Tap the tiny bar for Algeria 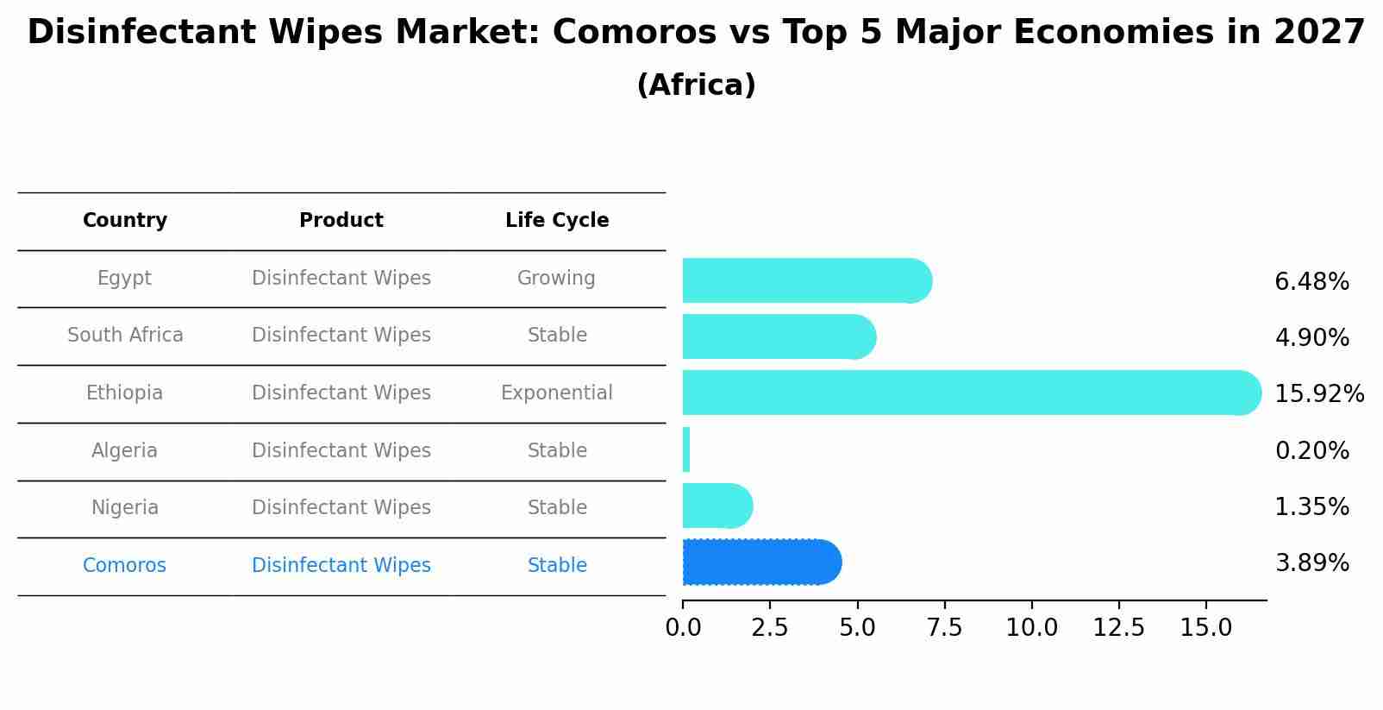pyautogui.click(x=686, y=449)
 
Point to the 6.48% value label pyautogui.click(x=1311, y=282)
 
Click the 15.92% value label pyautogui.click(x=1318, y=394)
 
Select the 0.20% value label pyautogui.click(x=1311, y=451)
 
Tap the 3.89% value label pyautogui.click(x=1311, y=563)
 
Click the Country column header pyautogui.click(x=125, y=221)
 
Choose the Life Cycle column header pyautogui.click(x=557, y=221)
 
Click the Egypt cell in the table pyautogui.click(x=124, y=279)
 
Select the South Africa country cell pyautogui.click(x=125, y=336)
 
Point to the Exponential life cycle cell pyautogui.click(x=557, y=393)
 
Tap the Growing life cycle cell pyautogui.click(x=556, y=279)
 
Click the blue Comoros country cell pyautogui.click(x=124, y=566)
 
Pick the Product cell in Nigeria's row pyautogui.click(x=341, y=508)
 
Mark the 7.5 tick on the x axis pyautogui.click(x=944, y=627)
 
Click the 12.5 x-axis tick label pyautogui.click(x=1118, y=627)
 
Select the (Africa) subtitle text pyautogui.click(x=696, y=85)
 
